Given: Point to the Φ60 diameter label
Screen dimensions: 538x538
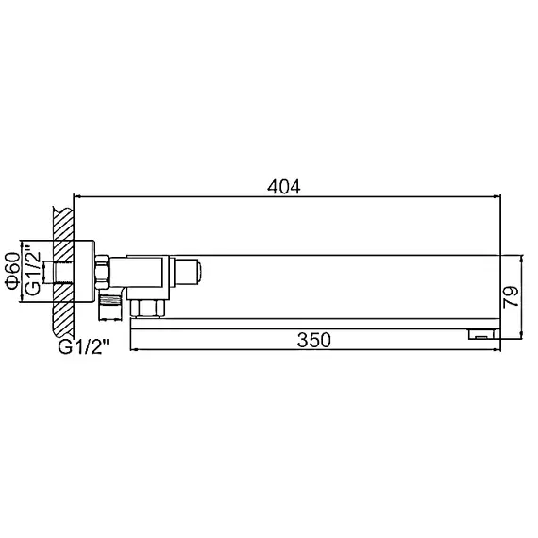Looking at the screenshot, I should pyautogui.click(x=12, y=270).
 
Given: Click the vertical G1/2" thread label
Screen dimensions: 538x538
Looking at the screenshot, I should pyautogui.click(x=32, y=271).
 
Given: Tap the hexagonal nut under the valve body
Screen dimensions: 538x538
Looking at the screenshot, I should pyautogui.click(x=148, y=305).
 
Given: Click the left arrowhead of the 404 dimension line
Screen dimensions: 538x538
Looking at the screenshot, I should pyautogui.click(x=78, y=197).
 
